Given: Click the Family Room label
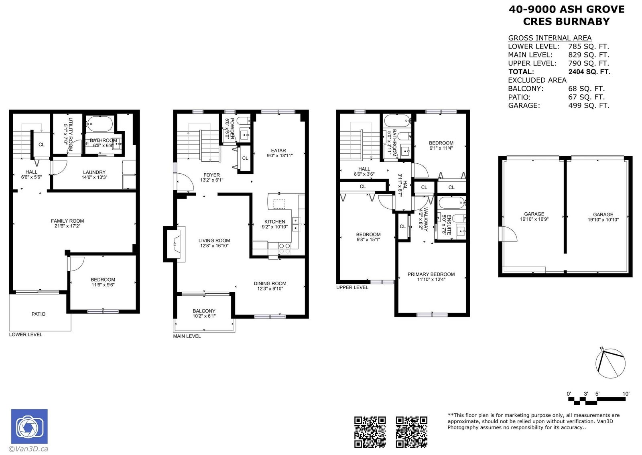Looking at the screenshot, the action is (x=67, y=221).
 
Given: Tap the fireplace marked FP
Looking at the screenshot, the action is (x=175, y=244).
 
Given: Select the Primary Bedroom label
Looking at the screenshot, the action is (x=431, y=274).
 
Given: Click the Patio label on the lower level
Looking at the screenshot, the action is (x=39, y=314).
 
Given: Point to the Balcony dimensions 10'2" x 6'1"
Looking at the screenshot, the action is (x=204, y=316).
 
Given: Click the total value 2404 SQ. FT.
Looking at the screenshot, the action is (x=589, y=72).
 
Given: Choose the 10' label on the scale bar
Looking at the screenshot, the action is (x=626, y=394).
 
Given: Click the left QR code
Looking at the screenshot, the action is (x=370, y=432).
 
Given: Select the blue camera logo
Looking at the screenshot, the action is (x=30, y=427).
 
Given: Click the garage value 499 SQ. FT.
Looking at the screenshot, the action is (x=589, y=106).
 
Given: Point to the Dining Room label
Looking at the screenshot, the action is (x=270, y=283).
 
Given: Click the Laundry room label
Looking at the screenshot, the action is (x=94, y=172).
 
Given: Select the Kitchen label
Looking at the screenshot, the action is (x=274, y=221).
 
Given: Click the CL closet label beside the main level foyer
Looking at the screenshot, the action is (x=245, y=158).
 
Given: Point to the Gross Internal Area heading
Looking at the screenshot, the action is (x=550, y=38).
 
